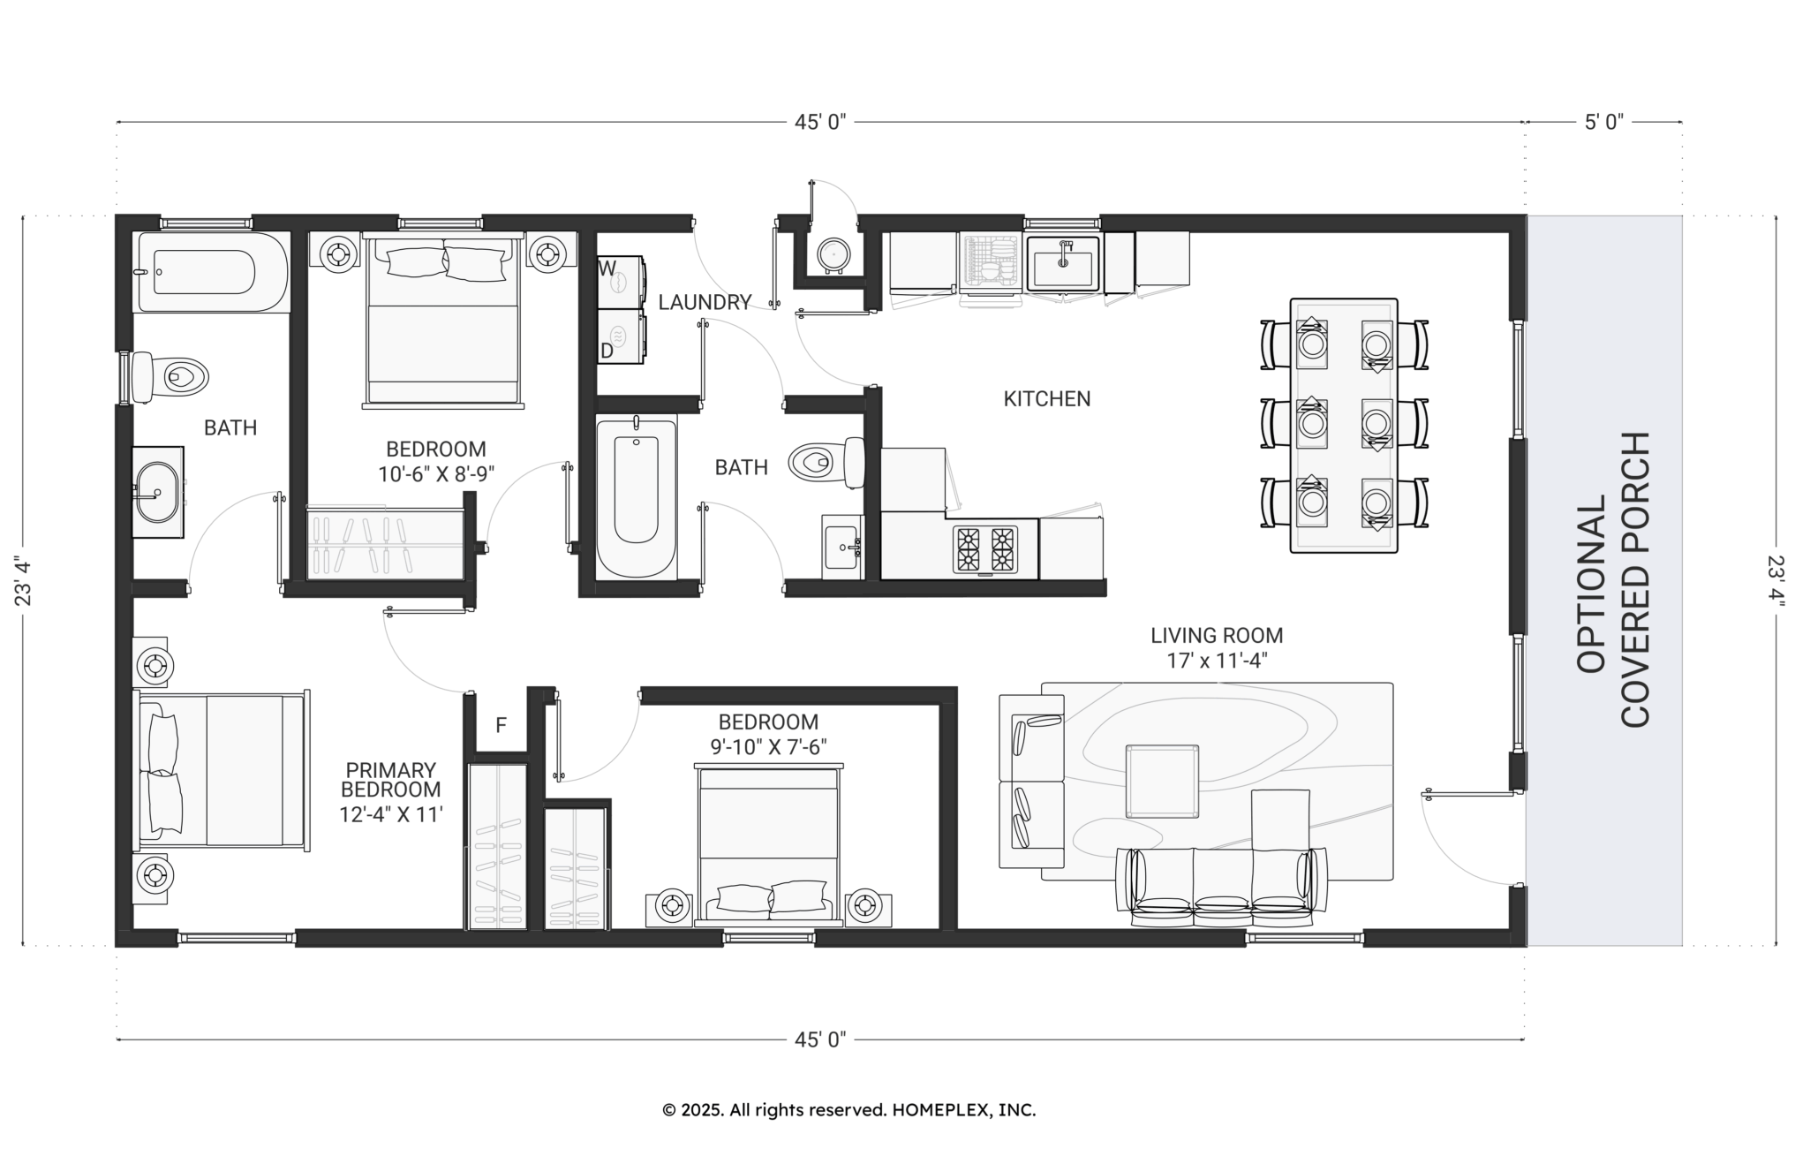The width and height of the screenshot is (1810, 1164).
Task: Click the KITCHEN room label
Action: (x=1047, y=399)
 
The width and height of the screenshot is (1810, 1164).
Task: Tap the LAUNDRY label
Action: (x=705, y=303)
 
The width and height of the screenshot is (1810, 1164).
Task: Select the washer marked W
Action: (x=621, y=282)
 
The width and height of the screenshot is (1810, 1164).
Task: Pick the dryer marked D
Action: (x=621, y=336)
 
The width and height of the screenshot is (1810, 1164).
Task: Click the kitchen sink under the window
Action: (x=1063, y=263)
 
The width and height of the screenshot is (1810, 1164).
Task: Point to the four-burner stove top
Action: (x=984, y=548)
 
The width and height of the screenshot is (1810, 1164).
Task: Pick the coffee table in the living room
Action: (x=1162, y=782)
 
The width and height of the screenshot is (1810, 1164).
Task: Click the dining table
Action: (x=1344, y=426)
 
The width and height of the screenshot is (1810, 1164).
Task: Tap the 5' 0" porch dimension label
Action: (x=1604, y=122)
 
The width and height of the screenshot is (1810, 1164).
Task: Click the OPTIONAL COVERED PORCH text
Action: (x=1612, y=580)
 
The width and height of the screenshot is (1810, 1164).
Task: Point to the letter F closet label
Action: (x=501, y=726)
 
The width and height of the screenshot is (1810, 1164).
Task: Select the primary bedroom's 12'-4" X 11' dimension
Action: (x=390, y=814)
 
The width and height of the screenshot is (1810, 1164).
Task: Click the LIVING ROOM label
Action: (x=1217, y=635)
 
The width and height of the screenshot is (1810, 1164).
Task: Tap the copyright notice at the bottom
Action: (x=849, y=1110)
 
